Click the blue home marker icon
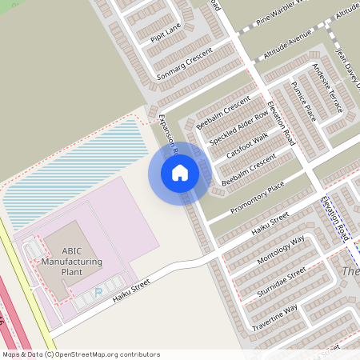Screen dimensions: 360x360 point(180,173)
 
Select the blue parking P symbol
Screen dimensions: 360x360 point(98,292)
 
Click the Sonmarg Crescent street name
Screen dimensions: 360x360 point(185,62)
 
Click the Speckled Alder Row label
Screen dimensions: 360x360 point(238,126)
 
